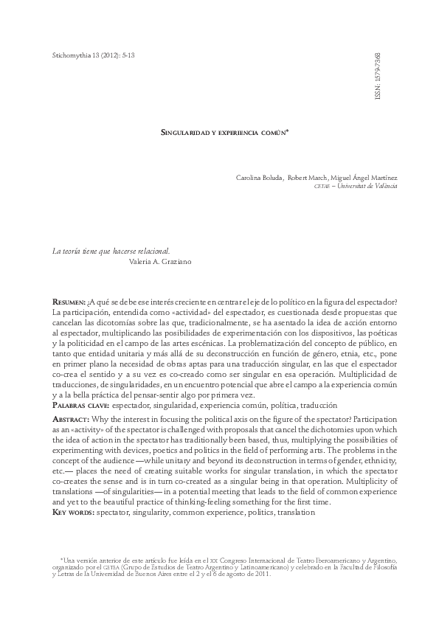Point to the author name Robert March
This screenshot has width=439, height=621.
pyautogui.click(x=308, y=178)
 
